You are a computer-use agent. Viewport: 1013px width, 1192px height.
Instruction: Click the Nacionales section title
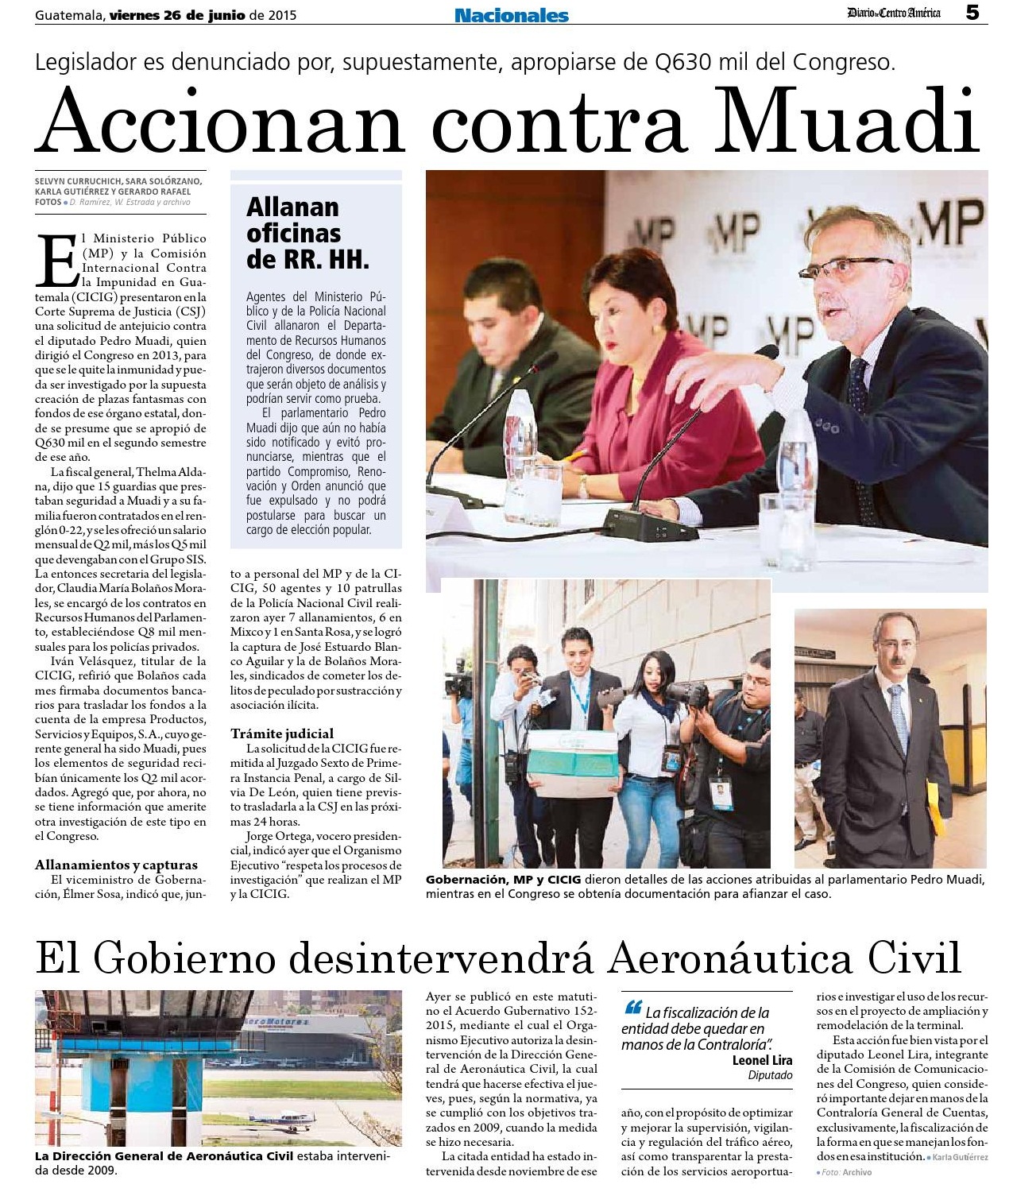[x=511, y=15]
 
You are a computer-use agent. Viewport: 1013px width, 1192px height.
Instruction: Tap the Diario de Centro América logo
[x=893, y=13]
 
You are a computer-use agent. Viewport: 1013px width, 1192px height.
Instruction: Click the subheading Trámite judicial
[x=282, y=733]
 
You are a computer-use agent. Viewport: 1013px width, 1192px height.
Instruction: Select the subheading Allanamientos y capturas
[x=116, y=865]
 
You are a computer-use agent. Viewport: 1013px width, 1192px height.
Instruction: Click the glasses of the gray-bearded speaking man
[x=844, y=267]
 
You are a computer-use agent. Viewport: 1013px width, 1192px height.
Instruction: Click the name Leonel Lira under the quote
[x=762, y=1060]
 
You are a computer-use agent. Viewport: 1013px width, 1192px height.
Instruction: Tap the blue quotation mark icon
[x=633, y=1008]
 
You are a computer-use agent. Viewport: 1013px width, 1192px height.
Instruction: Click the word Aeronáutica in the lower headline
[x=731, y=958]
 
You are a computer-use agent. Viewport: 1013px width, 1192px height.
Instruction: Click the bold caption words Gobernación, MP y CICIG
[x=503, y=880]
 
